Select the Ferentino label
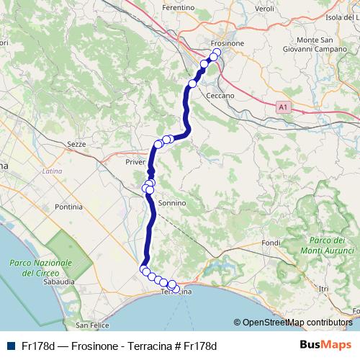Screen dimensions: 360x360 [179, 7]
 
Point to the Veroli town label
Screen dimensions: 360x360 [265, 7]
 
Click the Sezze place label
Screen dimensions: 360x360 [76, 144]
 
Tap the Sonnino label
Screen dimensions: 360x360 [172, 204]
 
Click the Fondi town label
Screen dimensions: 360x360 [271, 243]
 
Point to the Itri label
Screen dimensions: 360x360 [323, 288]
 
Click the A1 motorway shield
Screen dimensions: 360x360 [284, 107]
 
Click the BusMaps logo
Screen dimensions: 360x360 [326, 345]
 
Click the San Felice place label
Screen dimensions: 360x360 [93, 325]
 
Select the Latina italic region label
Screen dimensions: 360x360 [52, 171]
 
